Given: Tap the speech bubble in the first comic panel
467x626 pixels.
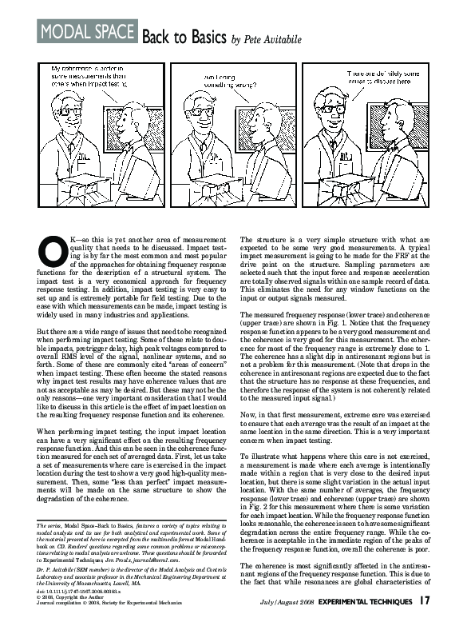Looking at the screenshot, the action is click(94, 78).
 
